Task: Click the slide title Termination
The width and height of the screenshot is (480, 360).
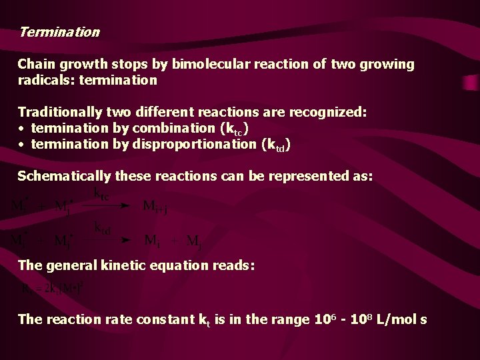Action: tap(59, 32)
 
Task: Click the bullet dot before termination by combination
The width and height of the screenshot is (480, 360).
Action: tap(22, 129)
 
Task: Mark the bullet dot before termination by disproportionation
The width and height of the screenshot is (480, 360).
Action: tap(22, 145)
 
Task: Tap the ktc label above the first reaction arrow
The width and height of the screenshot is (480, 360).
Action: tap(102, 194)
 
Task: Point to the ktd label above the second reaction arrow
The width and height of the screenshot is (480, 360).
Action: tap(102, 229)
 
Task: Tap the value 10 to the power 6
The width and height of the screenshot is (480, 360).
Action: tap(322, 319)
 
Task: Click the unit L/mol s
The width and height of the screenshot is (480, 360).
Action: tap(404, 319)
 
